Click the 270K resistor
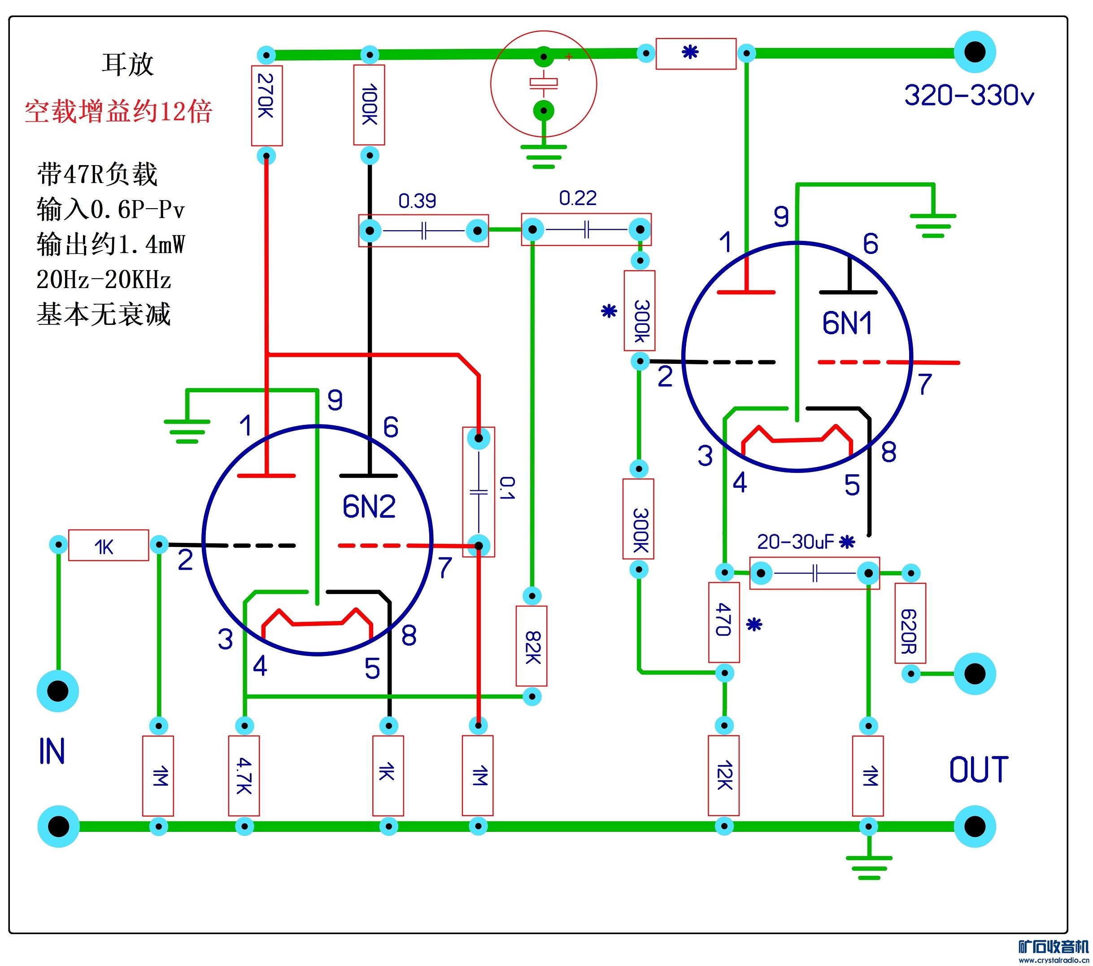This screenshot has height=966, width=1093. tap(267, 105)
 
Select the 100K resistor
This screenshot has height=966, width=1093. tap(369, 105)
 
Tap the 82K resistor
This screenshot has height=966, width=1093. tap(531, 646)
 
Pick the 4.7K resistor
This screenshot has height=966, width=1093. tap(244, 776)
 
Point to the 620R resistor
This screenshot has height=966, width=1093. tap(910, 623)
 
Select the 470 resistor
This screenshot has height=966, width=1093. tap(724, 622)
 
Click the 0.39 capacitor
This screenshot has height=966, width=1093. tap(423, 231)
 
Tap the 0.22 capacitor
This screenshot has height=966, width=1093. tap(586, 230)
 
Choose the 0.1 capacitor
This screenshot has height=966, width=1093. tap(479, 492)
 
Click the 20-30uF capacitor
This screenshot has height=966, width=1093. tap(814, 573)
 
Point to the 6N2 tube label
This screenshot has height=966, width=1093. tap(369, 507)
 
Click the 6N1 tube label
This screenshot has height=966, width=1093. tap(847, 323)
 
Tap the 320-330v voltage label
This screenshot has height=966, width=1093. tap(969, 96)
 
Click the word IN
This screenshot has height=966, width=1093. tap(52, 751)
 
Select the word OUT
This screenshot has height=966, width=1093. tap(979, 770)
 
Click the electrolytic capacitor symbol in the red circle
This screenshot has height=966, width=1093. tap(544, 83)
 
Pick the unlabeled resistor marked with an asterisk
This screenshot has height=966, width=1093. tap(696, 53)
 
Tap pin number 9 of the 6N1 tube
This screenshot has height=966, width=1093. tap(781, 217)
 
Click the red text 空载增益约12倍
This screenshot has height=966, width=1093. tap(119, 112)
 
